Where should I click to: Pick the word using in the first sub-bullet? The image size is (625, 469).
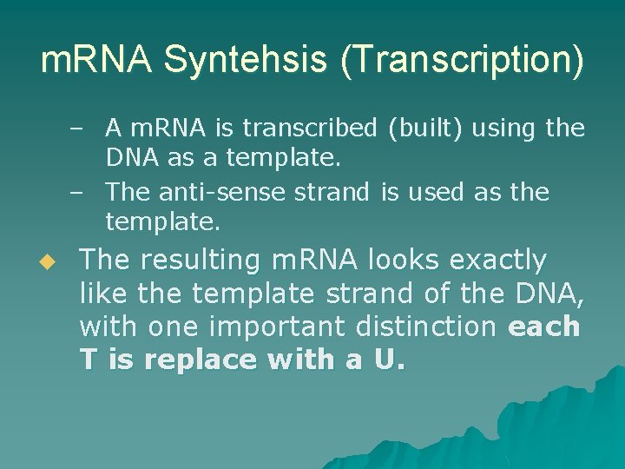[508, 129]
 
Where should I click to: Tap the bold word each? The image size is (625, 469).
[544, 327]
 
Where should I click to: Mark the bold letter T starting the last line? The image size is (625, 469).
[88, 360]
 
